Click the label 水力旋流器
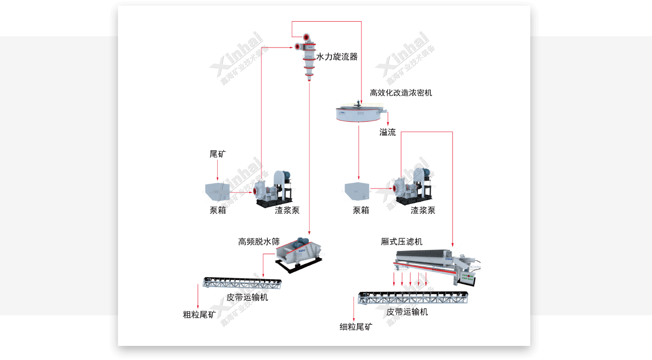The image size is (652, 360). (337, 57)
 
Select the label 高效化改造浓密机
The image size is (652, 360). (401, 93)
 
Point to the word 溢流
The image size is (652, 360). (388, 133)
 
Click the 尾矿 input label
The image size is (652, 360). (218, 154)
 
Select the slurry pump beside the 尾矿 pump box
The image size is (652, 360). (273, 188)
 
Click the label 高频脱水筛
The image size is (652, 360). (259, 242)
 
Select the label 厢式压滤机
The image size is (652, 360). (401, 242)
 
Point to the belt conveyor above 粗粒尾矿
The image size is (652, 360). (243, 283)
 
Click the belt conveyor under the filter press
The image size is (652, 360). (413, 298)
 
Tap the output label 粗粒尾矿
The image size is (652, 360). (199, 314)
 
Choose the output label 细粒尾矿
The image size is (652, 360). (356, 327)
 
